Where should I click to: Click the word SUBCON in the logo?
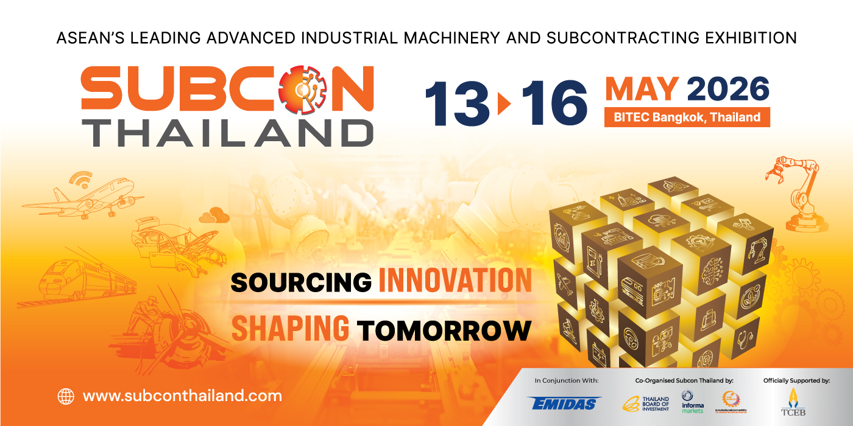[227, 88]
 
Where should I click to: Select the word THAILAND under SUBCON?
[227, 132]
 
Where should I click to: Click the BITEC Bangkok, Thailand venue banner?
[687, 117]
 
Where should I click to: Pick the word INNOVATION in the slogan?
[455, 281]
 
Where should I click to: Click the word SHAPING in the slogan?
[290, 329]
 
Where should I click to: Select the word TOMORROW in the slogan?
[444, 330]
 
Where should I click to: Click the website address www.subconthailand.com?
[182, 396]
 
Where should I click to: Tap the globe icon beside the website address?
[65, 396]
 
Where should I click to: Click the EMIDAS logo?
[565, 403]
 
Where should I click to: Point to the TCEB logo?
[793, 402]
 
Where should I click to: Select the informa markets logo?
[693, 402]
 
